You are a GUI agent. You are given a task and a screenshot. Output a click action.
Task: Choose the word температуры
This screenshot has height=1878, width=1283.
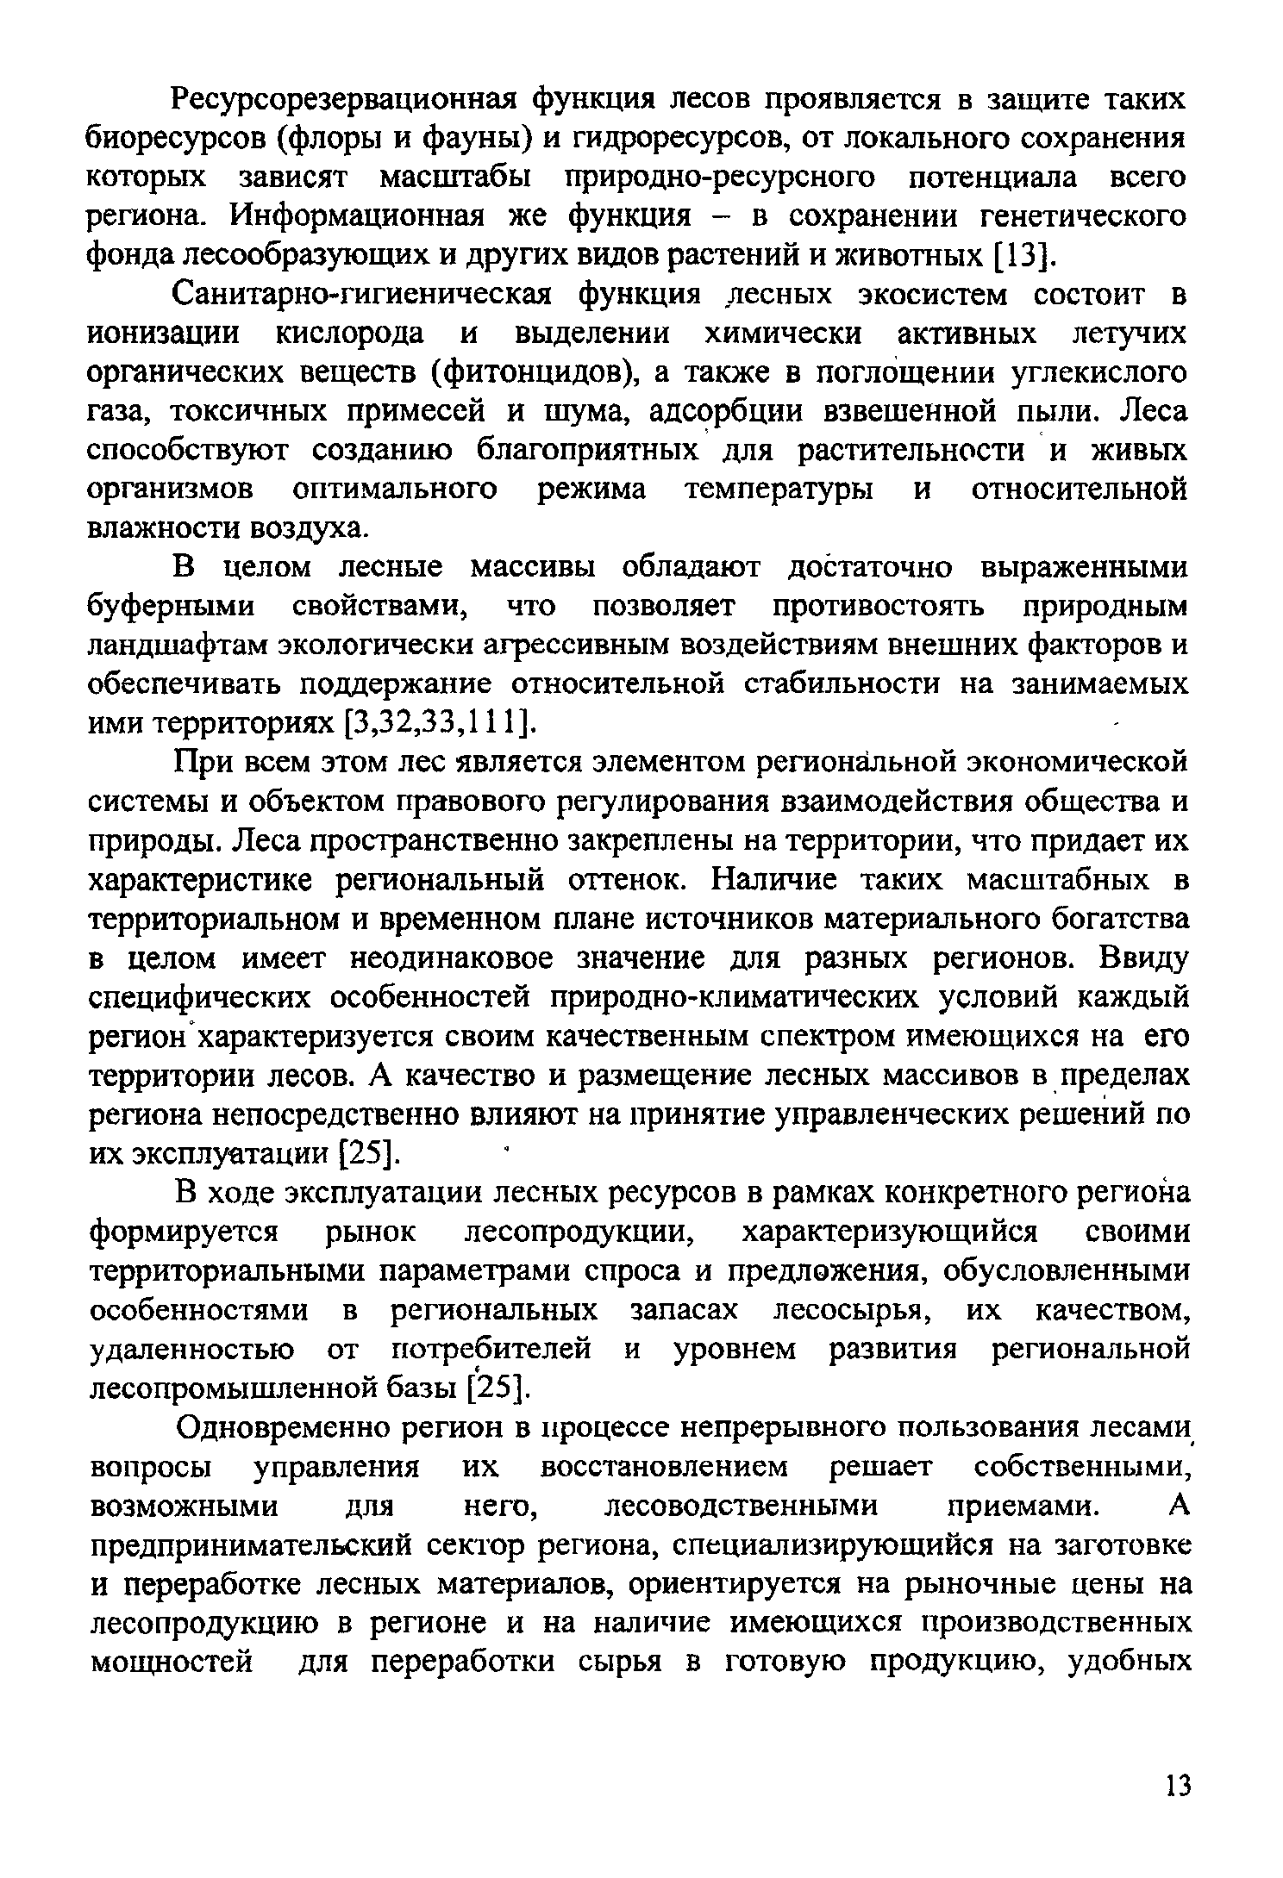(x=778, y=490)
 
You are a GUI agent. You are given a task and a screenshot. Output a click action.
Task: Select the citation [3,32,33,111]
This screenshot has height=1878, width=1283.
(x=438, y=724)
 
